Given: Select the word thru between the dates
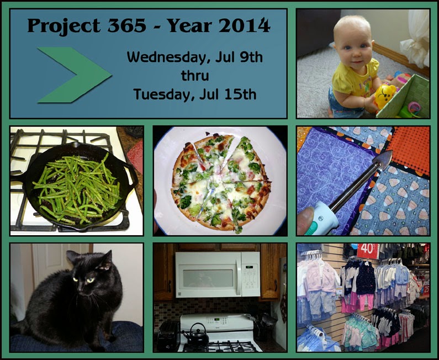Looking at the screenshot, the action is pyautogui.click(x=195, y=76).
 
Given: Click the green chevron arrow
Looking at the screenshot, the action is pyautogui.click(x=75, y=75).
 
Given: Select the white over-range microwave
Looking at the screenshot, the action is pyautogui.click(x=218, y=274).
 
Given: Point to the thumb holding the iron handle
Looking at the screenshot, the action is pyautogui.click(x=306, y=220).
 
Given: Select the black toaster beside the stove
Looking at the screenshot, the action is pyautogui.click(x=168, y=336).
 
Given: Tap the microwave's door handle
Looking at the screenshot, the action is pyautogui.click(x=238, y=276).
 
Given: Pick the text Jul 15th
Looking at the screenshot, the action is pyautogui.click(x=228, y=94).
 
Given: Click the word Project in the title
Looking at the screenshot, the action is pyautogui.click(x=64, y=26).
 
